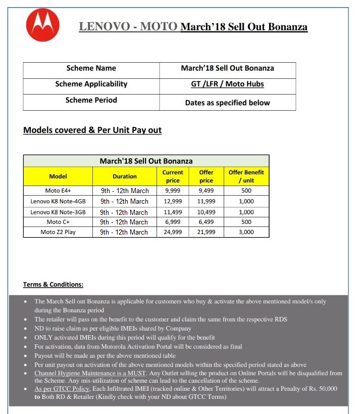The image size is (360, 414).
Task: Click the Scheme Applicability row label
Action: pos(91,84)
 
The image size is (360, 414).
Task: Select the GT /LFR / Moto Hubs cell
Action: pos(227,84)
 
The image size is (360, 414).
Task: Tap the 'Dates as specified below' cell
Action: pos(227,103)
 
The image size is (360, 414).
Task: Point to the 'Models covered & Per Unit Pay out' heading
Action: pos(92,130)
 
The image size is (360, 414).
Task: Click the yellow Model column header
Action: pos(58,176)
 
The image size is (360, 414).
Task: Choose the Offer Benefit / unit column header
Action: pos(246,176)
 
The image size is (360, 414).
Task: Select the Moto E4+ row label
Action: pos(58,191)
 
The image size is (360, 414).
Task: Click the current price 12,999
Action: pos(173,201)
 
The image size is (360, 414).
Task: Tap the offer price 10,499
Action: pos(206,212)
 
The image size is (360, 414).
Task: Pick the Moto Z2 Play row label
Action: pos(58,232)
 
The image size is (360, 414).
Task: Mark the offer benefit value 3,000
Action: pos(246,232)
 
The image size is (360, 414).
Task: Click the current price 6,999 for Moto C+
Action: pos(173,222)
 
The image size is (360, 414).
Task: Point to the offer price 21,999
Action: pos(206,232)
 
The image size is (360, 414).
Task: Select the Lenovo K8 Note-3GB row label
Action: pos(58,212)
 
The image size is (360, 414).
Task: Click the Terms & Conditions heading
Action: pos(53,285)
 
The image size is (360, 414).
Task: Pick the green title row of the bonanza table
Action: pos(146,161)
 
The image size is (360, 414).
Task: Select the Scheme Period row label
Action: pos(91,100)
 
